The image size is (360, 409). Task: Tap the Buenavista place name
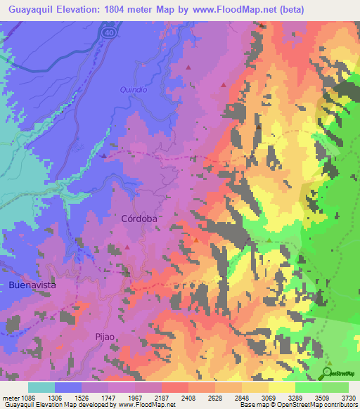pyautogui.click(x=32, y=285)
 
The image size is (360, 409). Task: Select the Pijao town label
pyautogui.click(x=104, y=337)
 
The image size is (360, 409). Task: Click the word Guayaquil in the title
pyautogui.click(x=32, y=11)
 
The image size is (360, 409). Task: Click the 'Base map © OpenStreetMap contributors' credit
pyautogui.click(x=297, y=405)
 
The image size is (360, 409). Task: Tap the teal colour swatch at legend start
pyautogui.click(x=41, y=387)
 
